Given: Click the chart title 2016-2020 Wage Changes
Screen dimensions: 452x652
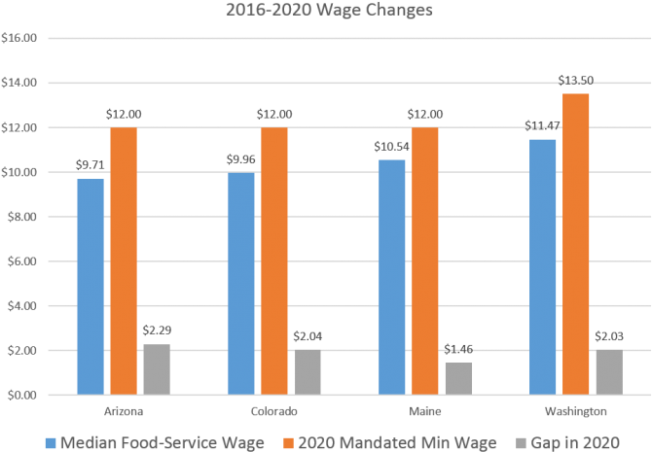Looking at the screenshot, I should (326, 12).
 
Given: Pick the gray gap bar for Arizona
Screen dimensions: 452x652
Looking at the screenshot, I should (157, 369).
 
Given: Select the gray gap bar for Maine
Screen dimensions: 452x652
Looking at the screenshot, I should (459, 378).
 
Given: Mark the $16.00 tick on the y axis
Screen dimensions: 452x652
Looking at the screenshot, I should (21, 39).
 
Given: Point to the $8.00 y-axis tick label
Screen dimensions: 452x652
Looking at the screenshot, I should (21, 217).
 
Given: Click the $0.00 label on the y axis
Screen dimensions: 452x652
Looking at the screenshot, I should (21, 396).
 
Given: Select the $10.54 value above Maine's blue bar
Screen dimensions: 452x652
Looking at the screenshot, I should (391, 148).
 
